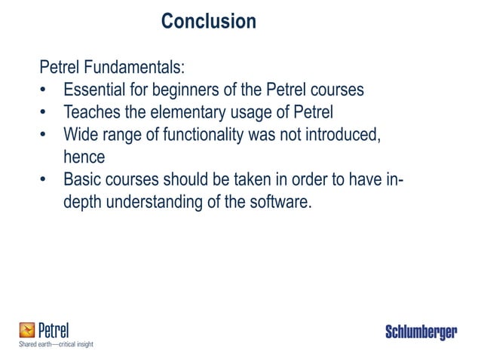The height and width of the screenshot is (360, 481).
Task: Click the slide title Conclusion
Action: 209,21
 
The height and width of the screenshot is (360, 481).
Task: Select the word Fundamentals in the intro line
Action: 127,67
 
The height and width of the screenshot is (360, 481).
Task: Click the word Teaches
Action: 93,112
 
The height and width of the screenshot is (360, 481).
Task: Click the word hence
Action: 84,157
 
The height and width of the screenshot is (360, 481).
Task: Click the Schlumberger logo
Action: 421,332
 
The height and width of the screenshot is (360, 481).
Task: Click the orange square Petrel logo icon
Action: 27,330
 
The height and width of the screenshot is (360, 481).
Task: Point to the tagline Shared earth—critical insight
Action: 56,344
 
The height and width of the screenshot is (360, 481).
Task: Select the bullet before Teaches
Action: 45,112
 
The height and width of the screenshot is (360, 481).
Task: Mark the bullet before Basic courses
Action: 45,180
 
